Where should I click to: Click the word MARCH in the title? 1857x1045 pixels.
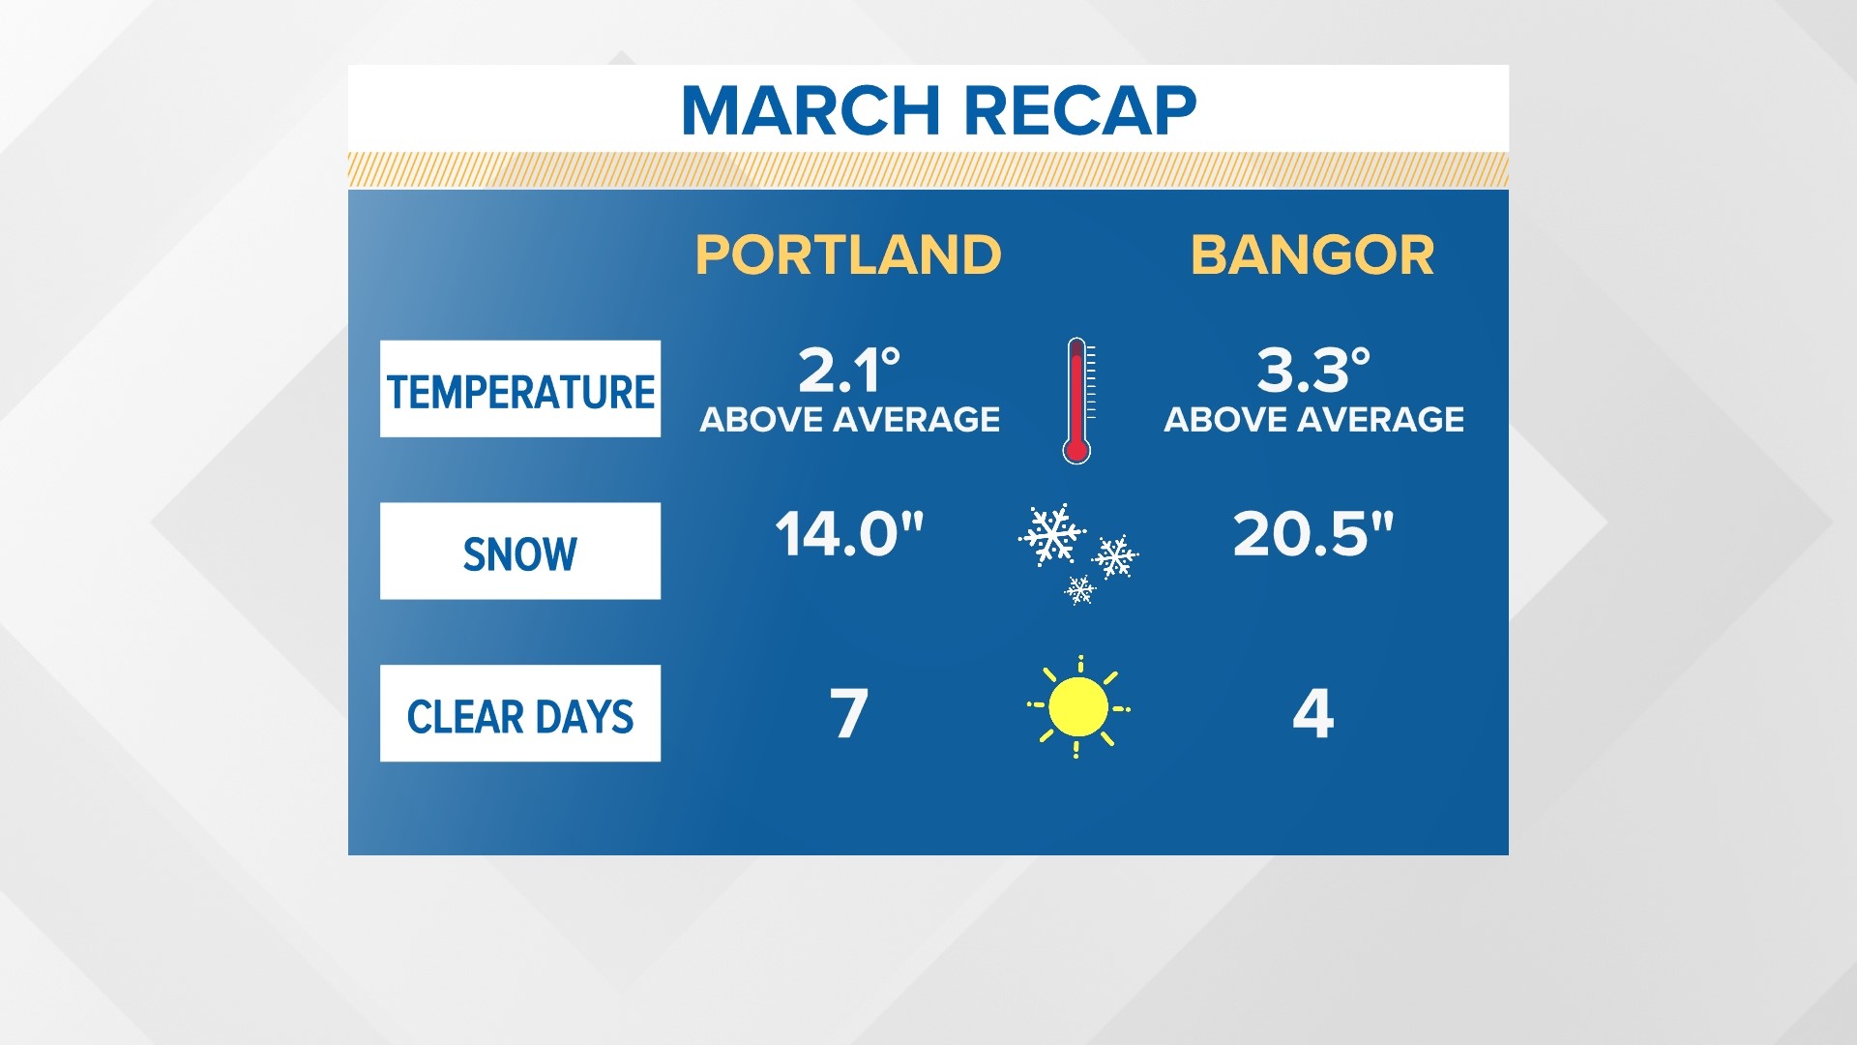pos(811,110)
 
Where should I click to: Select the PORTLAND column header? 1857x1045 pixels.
pos(848,255)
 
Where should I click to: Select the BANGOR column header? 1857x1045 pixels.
pos(1312,255)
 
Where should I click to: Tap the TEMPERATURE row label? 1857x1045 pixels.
pos(520,392)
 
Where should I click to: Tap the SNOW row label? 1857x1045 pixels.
pos(520,554)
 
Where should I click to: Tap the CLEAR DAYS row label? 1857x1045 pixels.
pos(520,717)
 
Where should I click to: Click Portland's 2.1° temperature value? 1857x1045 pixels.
pos(849,370)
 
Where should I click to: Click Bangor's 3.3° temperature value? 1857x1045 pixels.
pos(1313,370)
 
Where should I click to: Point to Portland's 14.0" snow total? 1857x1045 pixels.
pos(849,533)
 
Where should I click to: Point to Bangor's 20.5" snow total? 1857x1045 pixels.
pos(1313,533)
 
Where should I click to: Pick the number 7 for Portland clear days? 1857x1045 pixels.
pos(849,714)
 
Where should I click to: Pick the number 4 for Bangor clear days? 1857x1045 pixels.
pos(1313,714)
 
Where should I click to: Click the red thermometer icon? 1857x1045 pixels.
pos(1077,401)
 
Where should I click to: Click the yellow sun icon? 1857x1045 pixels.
pos(1077,706)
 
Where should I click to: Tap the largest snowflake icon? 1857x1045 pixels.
pos(1052,533)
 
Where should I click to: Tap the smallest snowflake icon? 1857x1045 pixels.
pos(1080,589)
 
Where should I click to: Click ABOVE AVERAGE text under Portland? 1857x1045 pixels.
pos(849,420)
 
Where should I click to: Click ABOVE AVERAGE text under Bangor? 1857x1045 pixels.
pos(1313,420)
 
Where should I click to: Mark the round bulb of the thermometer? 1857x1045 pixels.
pos(1076,450)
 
